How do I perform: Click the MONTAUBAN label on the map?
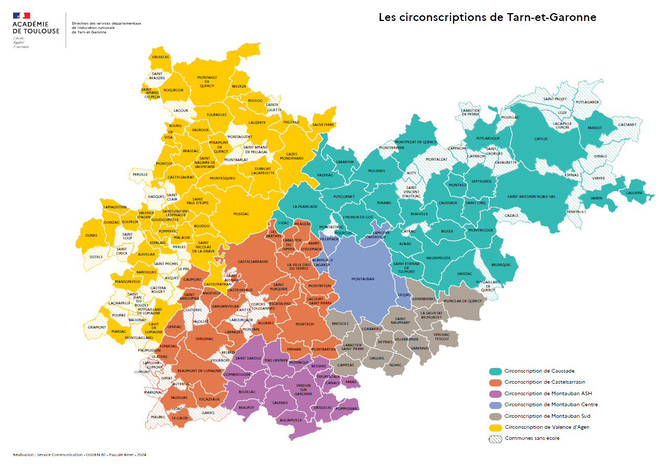[x=363, y=279]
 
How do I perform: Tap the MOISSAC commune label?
[x=241, y=214]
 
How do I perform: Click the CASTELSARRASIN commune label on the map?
[x=253, y=261]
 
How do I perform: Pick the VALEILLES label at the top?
[x=160, y=57]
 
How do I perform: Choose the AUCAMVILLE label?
[x=290, y=420]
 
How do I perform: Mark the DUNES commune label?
[x=91, y=236]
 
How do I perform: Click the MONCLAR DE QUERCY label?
[x=463, y=301]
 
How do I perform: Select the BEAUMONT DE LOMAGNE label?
[x=199, y=371]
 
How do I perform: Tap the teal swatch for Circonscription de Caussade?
[x=495, y=371]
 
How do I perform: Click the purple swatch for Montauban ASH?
[x=495, y=394]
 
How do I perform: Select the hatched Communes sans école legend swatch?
[x=495, y=438]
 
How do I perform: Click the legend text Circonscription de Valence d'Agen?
[x=547, y=427]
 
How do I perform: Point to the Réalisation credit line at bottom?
[x=79, y=455]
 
